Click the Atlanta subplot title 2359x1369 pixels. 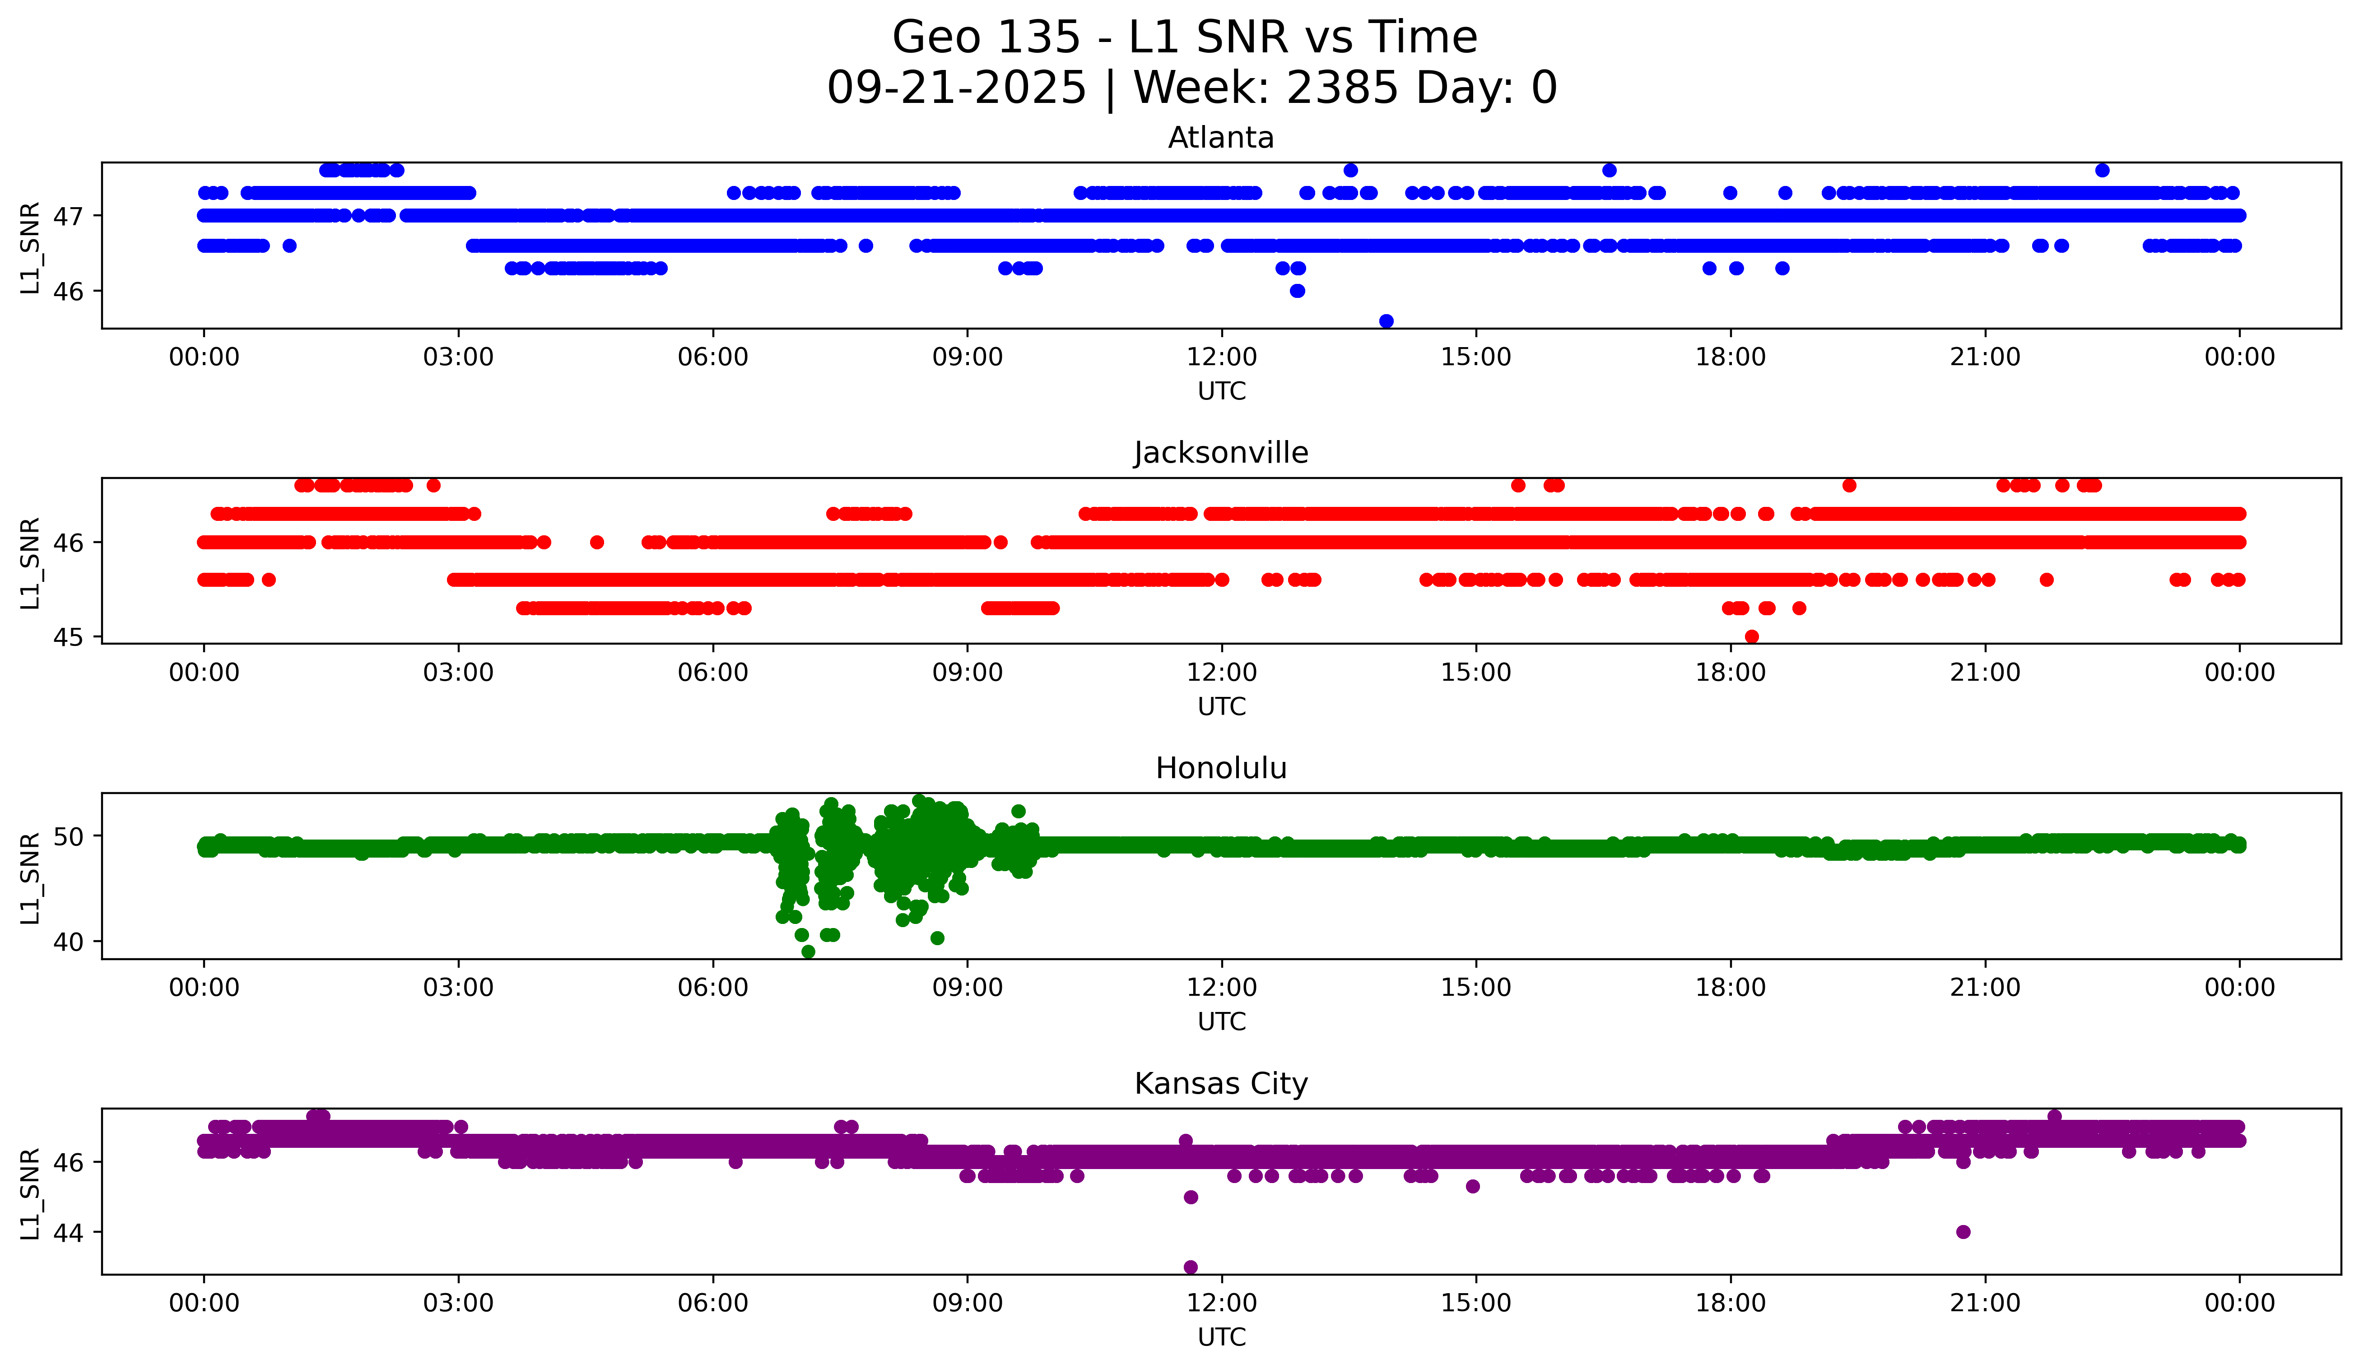[1221, 138]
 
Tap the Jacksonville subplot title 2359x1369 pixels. [1221, 453]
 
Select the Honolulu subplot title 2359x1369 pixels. [1221, 768]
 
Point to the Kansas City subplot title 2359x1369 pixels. [1221, 1084]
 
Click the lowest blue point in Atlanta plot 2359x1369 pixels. [1387, 321]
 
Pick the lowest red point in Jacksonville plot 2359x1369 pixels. [1751, 636]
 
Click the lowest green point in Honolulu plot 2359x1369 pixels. [808, 951]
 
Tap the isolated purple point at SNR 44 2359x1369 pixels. [1963, 1231]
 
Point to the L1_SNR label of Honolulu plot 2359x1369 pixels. [30, 877]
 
